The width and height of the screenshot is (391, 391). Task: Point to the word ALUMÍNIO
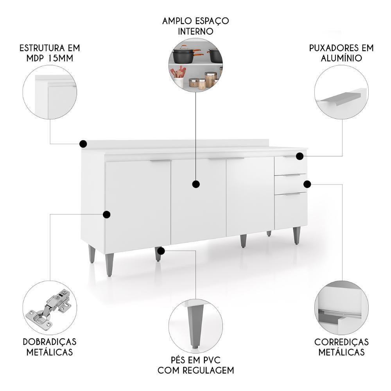(x=341, y=58)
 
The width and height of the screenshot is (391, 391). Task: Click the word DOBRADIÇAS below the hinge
(x=49, y=342)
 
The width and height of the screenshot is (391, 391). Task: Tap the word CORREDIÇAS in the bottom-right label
(x=341, y=342)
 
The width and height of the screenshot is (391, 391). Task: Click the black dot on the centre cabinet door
(x=196, y=184)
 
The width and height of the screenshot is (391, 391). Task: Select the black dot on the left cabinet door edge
(x=106, y=214)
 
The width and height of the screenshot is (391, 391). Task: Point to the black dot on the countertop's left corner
(x=83, y=144)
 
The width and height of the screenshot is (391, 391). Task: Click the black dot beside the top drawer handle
(x=300, y=156)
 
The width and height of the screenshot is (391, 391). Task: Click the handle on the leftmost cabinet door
(x=160, y=161)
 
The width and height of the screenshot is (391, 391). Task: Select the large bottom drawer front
(x=291, y=211)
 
